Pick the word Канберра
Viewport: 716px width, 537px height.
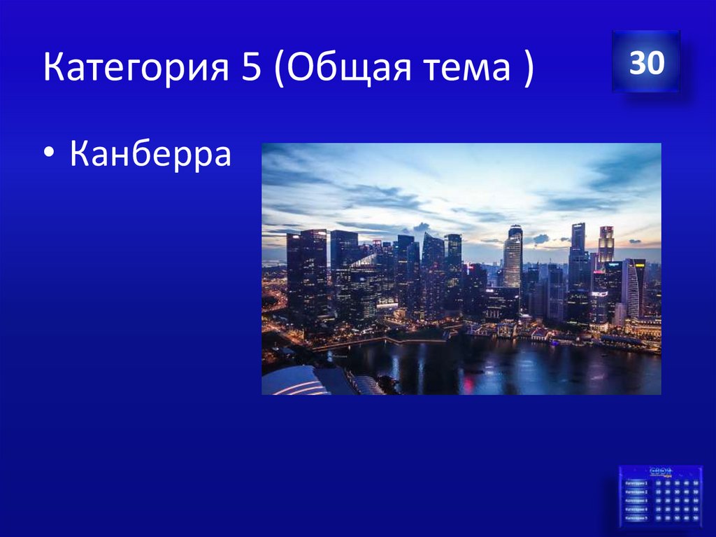pos(150,154)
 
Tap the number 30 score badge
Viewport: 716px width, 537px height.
pos(645,63)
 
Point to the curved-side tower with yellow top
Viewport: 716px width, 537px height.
pos(634,287)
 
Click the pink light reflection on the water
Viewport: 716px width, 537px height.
pos(466,382)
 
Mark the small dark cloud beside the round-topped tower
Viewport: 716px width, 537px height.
pos(540,239)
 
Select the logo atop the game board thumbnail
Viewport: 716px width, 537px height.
pos(660,471)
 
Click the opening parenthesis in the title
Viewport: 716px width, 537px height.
pos(280,69)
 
